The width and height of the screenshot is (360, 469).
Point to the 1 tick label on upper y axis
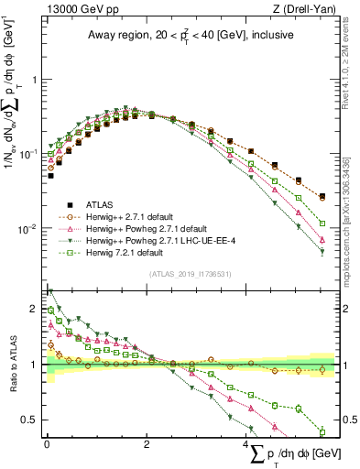point(35,80)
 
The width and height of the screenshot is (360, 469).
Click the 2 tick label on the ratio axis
point(35,309)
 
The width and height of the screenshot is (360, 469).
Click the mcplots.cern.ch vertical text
point(352,211)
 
